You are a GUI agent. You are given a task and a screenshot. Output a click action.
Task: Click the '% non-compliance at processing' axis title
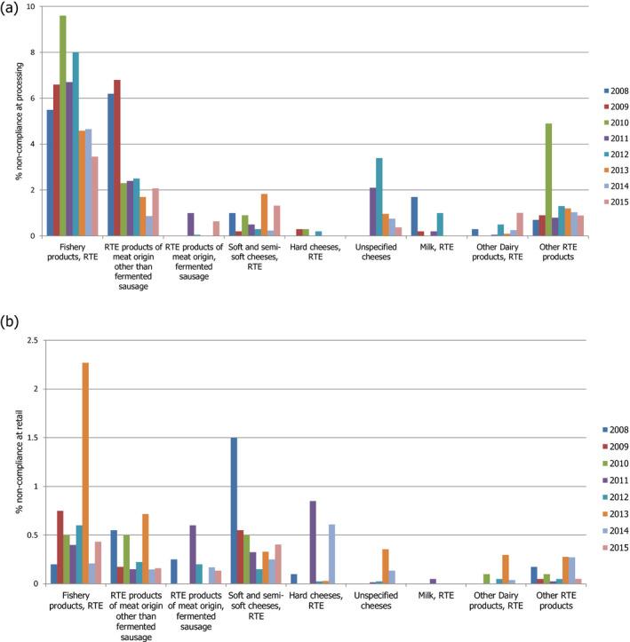coord(18,121)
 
